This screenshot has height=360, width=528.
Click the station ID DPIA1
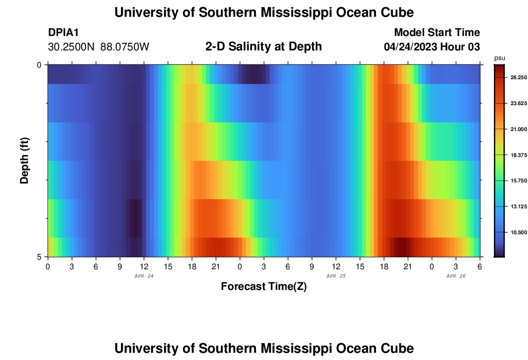[63, 33]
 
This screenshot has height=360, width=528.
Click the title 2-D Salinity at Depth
[264, 47]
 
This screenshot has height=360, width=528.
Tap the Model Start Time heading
[437, 33]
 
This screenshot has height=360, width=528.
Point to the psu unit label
[500, 58]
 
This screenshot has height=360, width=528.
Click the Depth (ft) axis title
[24, 160]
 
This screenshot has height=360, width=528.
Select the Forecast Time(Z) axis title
[264, 287]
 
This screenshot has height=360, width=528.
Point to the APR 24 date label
[144, 276]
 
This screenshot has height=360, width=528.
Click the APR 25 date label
[336, 276]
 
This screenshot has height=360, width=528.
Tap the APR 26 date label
[456, 276]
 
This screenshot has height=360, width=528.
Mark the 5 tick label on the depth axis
[39, 257]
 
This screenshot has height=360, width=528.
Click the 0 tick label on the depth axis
[39, 65]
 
